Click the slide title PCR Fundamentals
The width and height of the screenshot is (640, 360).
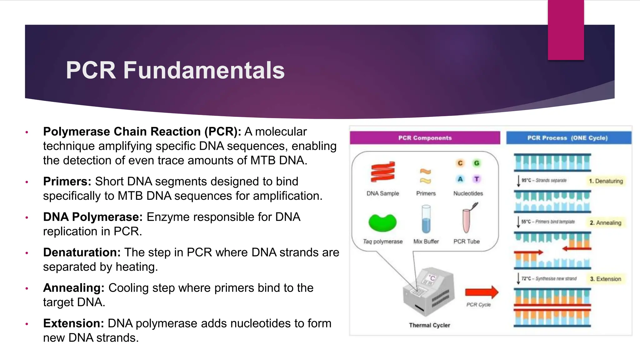point(175,70)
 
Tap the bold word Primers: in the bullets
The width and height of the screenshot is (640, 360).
point(67,182)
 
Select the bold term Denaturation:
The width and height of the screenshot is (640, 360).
point(82,252)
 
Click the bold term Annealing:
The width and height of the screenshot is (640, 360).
point(74,288)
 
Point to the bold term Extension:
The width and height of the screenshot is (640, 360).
point(73,323)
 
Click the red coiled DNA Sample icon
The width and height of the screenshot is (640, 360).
point(383,172)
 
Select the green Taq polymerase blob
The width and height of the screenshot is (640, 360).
point(382,222)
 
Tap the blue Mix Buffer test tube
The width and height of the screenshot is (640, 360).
point(426,219)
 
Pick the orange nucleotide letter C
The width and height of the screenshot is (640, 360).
point(460,163)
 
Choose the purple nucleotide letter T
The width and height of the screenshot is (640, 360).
point(477,179)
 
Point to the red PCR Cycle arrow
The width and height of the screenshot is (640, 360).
point(481,292)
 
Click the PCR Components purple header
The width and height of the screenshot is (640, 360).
point(425,138)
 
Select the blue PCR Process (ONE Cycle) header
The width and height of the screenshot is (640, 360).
point(567,138)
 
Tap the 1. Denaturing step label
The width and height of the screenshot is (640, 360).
point(606,181)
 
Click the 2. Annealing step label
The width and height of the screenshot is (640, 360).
point(605,223)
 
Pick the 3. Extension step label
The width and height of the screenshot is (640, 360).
point(605,279)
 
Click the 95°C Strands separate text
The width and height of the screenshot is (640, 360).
point(544,180)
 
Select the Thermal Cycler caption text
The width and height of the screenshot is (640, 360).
point(429,325)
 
